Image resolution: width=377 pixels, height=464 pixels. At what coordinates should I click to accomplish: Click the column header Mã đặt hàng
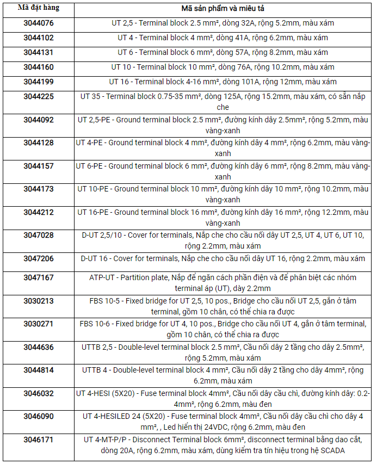pos(38,8)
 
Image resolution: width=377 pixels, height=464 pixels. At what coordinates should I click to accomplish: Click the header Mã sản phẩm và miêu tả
pos(223,9)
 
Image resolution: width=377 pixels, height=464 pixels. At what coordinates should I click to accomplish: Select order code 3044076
pos(38,23)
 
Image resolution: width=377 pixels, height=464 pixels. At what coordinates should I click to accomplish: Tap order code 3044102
pos(38,38)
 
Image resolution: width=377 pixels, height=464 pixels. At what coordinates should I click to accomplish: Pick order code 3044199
pos(38,82)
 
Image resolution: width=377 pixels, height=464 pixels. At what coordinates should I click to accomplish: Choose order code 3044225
pos(38,96)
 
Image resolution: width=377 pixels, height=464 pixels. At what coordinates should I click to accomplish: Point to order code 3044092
pos(38,120)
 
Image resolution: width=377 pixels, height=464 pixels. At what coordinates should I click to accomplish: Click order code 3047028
pos(38,235)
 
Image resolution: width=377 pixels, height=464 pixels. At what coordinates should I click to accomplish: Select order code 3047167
pos(38,277)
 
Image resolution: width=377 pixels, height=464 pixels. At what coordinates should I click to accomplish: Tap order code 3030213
pos(38,300)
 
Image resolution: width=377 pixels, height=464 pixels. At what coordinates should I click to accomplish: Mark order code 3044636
pos(38,347)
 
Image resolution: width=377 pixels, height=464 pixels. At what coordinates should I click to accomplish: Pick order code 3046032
pos(38,393)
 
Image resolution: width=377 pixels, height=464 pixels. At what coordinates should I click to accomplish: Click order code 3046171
pos(38,438)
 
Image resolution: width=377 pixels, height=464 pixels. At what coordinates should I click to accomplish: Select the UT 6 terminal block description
pos(223,53)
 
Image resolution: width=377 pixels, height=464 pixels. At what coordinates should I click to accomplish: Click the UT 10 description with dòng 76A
pos(223,67)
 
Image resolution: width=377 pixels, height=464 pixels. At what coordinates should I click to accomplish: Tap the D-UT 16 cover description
pos(223,259)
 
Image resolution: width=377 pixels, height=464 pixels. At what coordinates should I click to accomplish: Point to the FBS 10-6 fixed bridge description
pos(223,329)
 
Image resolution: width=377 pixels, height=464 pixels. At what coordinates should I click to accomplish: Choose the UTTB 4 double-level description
pos(223,375)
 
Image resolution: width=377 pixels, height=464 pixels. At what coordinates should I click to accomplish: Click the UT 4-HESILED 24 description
pos(223,422)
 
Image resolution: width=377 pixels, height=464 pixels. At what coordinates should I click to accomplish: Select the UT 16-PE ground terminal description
pos(223,218)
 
